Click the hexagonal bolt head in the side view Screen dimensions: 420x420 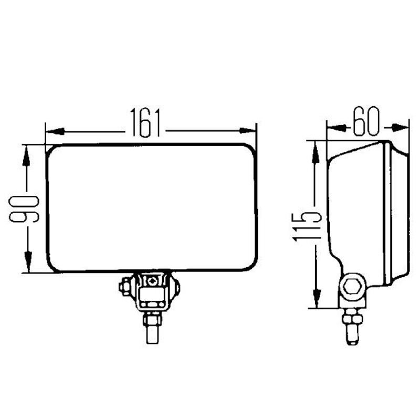350,287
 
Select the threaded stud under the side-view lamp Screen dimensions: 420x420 350,331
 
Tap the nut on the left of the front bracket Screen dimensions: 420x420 125,287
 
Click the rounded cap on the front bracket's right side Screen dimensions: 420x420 176,287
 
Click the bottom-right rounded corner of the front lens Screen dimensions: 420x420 252,266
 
